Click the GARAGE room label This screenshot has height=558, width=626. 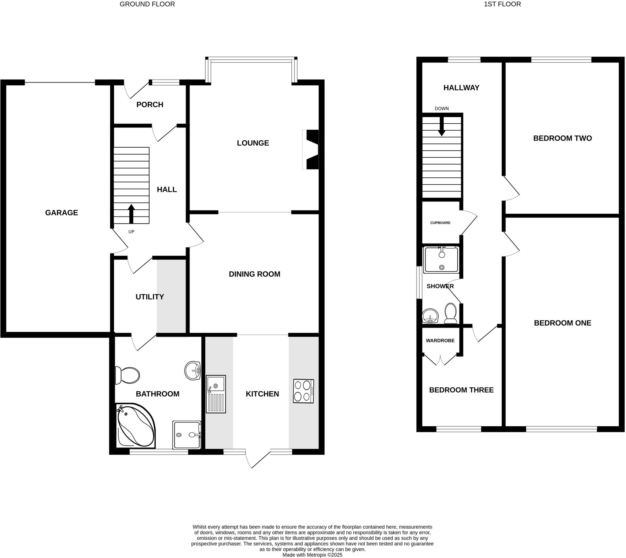61,212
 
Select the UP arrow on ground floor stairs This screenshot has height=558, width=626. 131,214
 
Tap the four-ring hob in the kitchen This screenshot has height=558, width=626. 304,391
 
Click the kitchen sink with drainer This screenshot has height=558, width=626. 215,394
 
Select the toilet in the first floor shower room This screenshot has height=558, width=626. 450,313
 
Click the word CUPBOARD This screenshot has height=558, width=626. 440,223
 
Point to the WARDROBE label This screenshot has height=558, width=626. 440,341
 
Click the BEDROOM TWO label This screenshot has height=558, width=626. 562,138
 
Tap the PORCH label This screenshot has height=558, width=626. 149,105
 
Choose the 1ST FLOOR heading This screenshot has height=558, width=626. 502,4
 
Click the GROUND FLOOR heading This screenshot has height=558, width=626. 147,4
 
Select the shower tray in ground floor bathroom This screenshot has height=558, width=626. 187,435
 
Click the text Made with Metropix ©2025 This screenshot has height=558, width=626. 312,555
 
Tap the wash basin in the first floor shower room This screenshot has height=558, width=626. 430,316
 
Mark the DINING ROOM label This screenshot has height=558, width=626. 254,274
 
